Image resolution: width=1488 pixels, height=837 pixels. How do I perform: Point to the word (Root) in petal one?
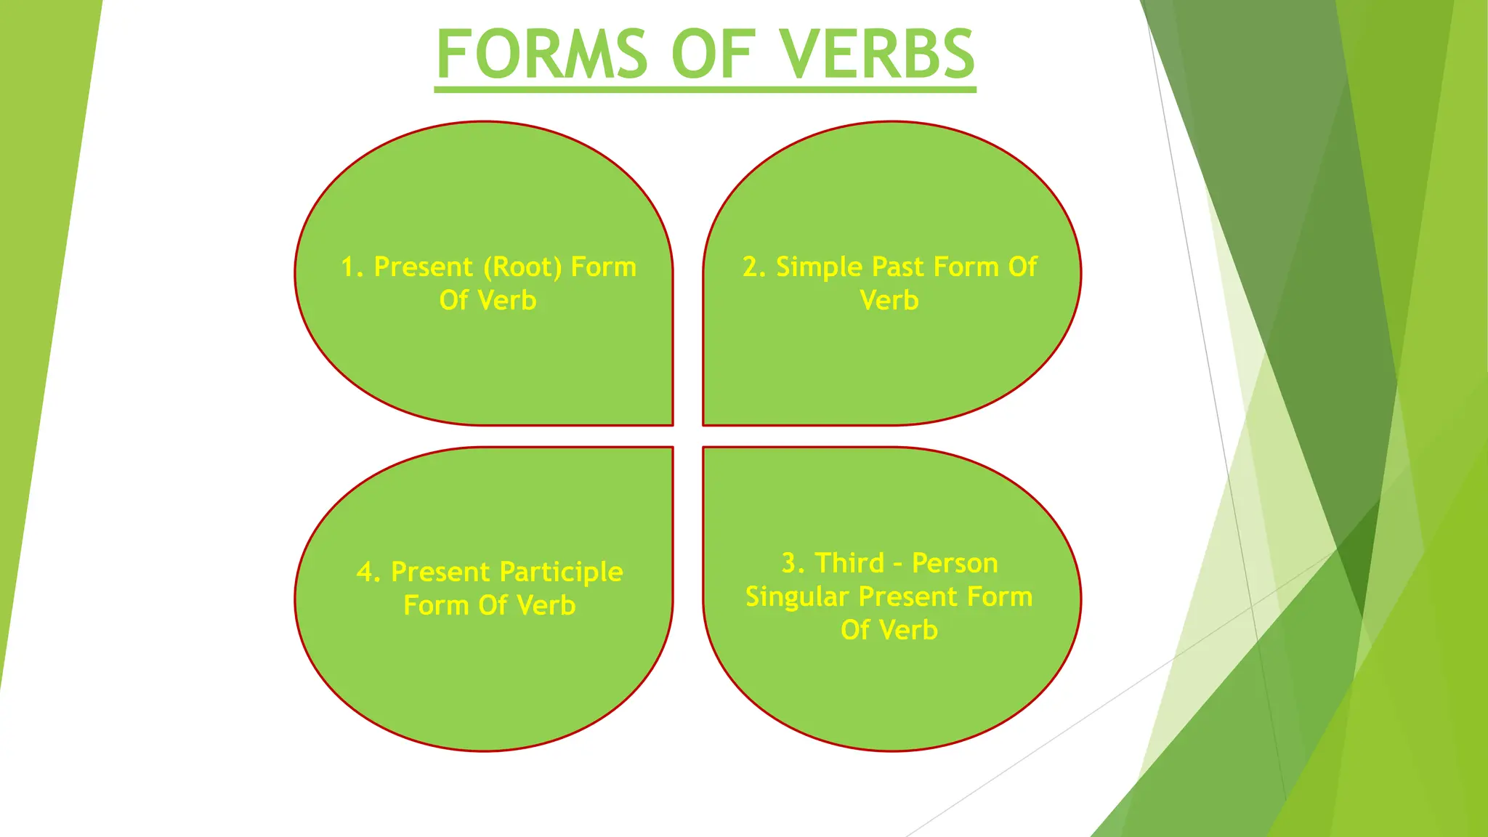pyautogui.click(x=522, y=267)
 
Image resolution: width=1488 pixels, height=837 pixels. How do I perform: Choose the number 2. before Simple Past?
pyautogui.click(x=753, y=267)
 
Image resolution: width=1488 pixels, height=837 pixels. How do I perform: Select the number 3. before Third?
pyautogui.click(x=793, y=563)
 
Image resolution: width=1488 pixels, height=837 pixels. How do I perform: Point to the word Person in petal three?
pyautogui.click(x=955, y=563)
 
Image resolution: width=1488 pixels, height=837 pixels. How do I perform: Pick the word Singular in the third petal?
pyautogui.click(x=797, y=597)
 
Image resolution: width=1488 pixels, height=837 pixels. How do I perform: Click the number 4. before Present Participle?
pyautogui.click(x=368, y=573)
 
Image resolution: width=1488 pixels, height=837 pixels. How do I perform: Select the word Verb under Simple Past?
pyautogui.click(x=889, y=300)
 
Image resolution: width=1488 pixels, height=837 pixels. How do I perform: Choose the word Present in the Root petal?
pyautogui.click(x=423, y=267)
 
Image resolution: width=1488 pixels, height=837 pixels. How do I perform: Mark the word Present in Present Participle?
pyautogui.click(x=440, y=573)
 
